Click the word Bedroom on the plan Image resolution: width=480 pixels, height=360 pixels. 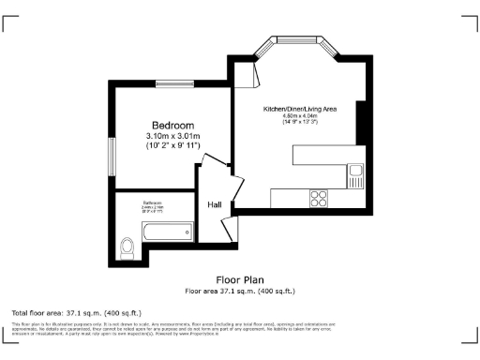pyautogui.click(x=173, y=126)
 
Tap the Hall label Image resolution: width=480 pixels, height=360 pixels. pyautogui.click(x=215, y=203)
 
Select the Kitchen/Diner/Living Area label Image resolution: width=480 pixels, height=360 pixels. pyautogui.click(x=300, y=110)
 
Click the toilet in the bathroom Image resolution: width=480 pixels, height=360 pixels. pyautogui.click(x=128, y=246)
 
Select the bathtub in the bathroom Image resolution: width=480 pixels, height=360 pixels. pyautogui.click(x=168, y=230)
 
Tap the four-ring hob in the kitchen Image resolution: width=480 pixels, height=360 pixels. pyautogui.click(x=319, y=198)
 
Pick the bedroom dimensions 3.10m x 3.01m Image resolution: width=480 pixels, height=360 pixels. pyautogui.click(x=173, y=136)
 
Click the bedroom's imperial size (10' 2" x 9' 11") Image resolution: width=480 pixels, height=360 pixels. pyautogui.click(x=173, y=146)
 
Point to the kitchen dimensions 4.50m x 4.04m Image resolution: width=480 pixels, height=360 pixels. pyautogui.click(x=300, y=116)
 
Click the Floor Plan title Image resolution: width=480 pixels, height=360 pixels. pyautogui.click(x=240, y=279)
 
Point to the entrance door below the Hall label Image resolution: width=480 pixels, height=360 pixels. pyautogui.click(x=225, y=228)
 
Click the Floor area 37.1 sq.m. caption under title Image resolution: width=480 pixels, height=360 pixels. pyautogui.click(x=240, y=290)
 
